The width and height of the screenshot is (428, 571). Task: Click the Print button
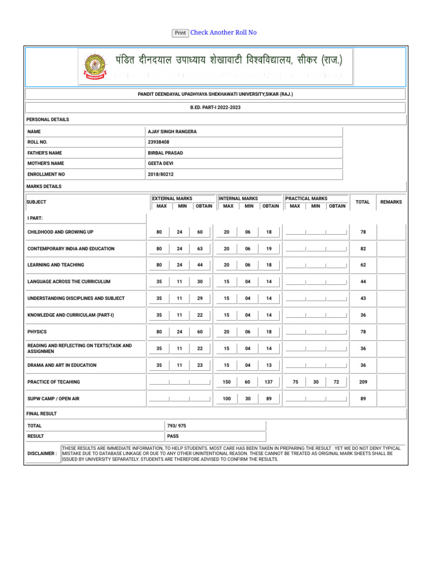click(x=180, y=33)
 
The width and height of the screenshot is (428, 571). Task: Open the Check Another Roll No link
click(x=223, y=33)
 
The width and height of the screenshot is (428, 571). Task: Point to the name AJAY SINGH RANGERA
click(x=172, y=132)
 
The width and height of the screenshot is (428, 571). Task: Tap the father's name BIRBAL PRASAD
click(x=166, y=153)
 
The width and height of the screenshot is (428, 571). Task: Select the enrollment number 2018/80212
click(x=161, y=175)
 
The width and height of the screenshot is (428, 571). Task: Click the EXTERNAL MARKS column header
click(x=172, y=199)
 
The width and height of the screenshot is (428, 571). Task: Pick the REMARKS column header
click(x=391, y=202)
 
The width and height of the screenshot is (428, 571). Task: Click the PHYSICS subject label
click(x=37, y=332)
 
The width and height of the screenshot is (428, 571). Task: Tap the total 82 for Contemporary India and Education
click(x=363, y=249)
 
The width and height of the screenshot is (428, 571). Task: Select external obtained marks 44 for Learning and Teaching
click(x=200, y=265)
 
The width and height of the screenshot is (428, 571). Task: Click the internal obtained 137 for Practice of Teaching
click(x=269, y=382)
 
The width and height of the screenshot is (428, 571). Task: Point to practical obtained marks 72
click(x=336, y=382)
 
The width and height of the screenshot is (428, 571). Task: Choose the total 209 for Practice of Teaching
click(x=363, y=382)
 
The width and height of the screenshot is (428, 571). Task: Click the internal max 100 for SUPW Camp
click(x=226, y=399)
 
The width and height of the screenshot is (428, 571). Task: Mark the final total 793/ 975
click(x=177, y=425)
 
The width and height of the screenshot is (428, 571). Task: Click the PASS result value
click(x=173, y=436)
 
